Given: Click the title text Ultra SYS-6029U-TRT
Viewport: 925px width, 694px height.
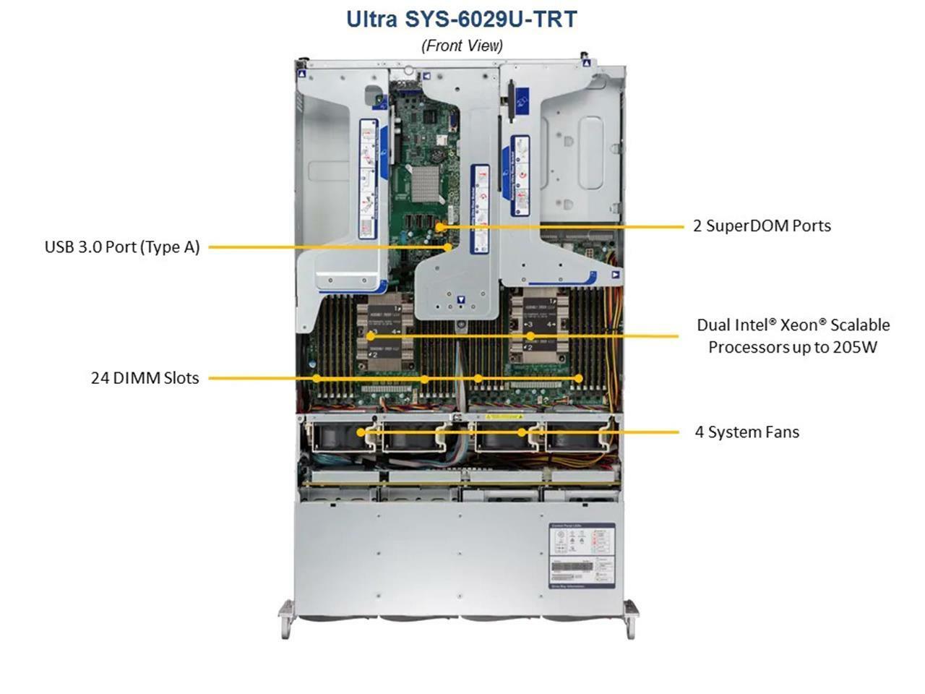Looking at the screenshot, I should click(x=462, y=19).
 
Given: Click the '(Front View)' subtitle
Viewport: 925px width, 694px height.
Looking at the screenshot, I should click(x=462, y=46).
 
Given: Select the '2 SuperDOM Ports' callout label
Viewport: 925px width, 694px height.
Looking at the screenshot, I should click(x=762, y=226).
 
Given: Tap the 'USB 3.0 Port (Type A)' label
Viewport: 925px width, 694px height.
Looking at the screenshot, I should click(x=122, y=247).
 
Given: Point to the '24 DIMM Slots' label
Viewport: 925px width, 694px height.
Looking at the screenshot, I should click(x=145, y=378).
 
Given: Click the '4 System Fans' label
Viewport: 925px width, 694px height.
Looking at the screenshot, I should click(x=747, y=432).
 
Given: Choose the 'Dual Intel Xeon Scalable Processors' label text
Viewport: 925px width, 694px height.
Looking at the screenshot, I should click(x=793, y=336).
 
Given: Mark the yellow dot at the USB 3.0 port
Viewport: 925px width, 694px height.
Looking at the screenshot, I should click(x=448, y=247).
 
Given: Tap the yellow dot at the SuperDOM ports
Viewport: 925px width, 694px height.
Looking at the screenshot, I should click(x=439, y=226).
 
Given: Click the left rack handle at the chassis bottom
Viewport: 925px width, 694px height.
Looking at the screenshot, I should click(x=286, y=619).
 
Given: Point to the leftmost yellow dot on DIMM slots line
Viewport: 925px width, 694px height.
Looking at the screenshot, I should click(x=317, y=378).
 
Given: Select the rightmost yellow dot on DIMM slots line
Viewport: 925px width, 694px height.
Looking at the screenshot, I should click(x=579, y=378).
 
